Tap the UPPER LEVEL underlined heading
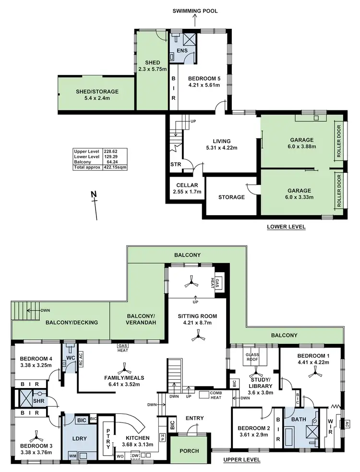tap(242, 460)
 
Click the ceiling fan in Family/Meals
tap(126, 369)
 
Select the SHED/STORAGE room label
tap(97, 92)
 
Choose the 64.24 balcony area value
tap(112, 163)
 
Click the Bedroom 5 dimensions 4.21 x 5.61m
tap(204, 85)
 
